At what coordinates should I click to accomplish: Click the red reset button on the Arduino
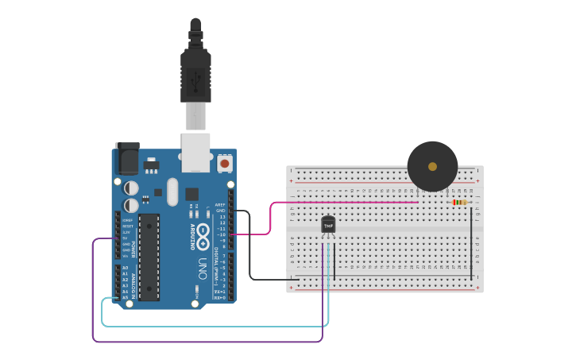pos(225,163)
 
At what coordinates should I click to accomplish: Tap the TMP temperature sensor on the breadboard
pos(328,226)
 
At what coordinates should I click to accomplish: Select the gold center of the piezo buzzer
pos(432,167)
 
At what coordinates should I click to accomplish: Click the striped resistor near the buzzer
pos(459,202)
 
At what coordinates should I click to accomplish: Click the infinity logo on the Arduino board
pos(203,234)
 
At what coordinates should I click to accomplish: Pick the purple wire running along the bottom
pos(207,342)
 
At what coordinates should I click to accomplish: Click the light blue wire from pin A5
pos(215,326)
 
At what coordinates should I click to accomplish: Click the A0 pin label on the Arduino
pos(125,268)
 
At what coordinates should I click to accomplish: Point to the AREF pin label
pos(220,204)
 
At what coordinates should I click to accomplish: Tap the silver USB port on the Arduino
pos(195,152)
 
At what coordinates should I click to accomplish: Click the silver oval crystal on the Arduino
pos(172,192)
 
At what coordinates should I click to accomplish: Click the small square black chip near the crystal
pos(191,193)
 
